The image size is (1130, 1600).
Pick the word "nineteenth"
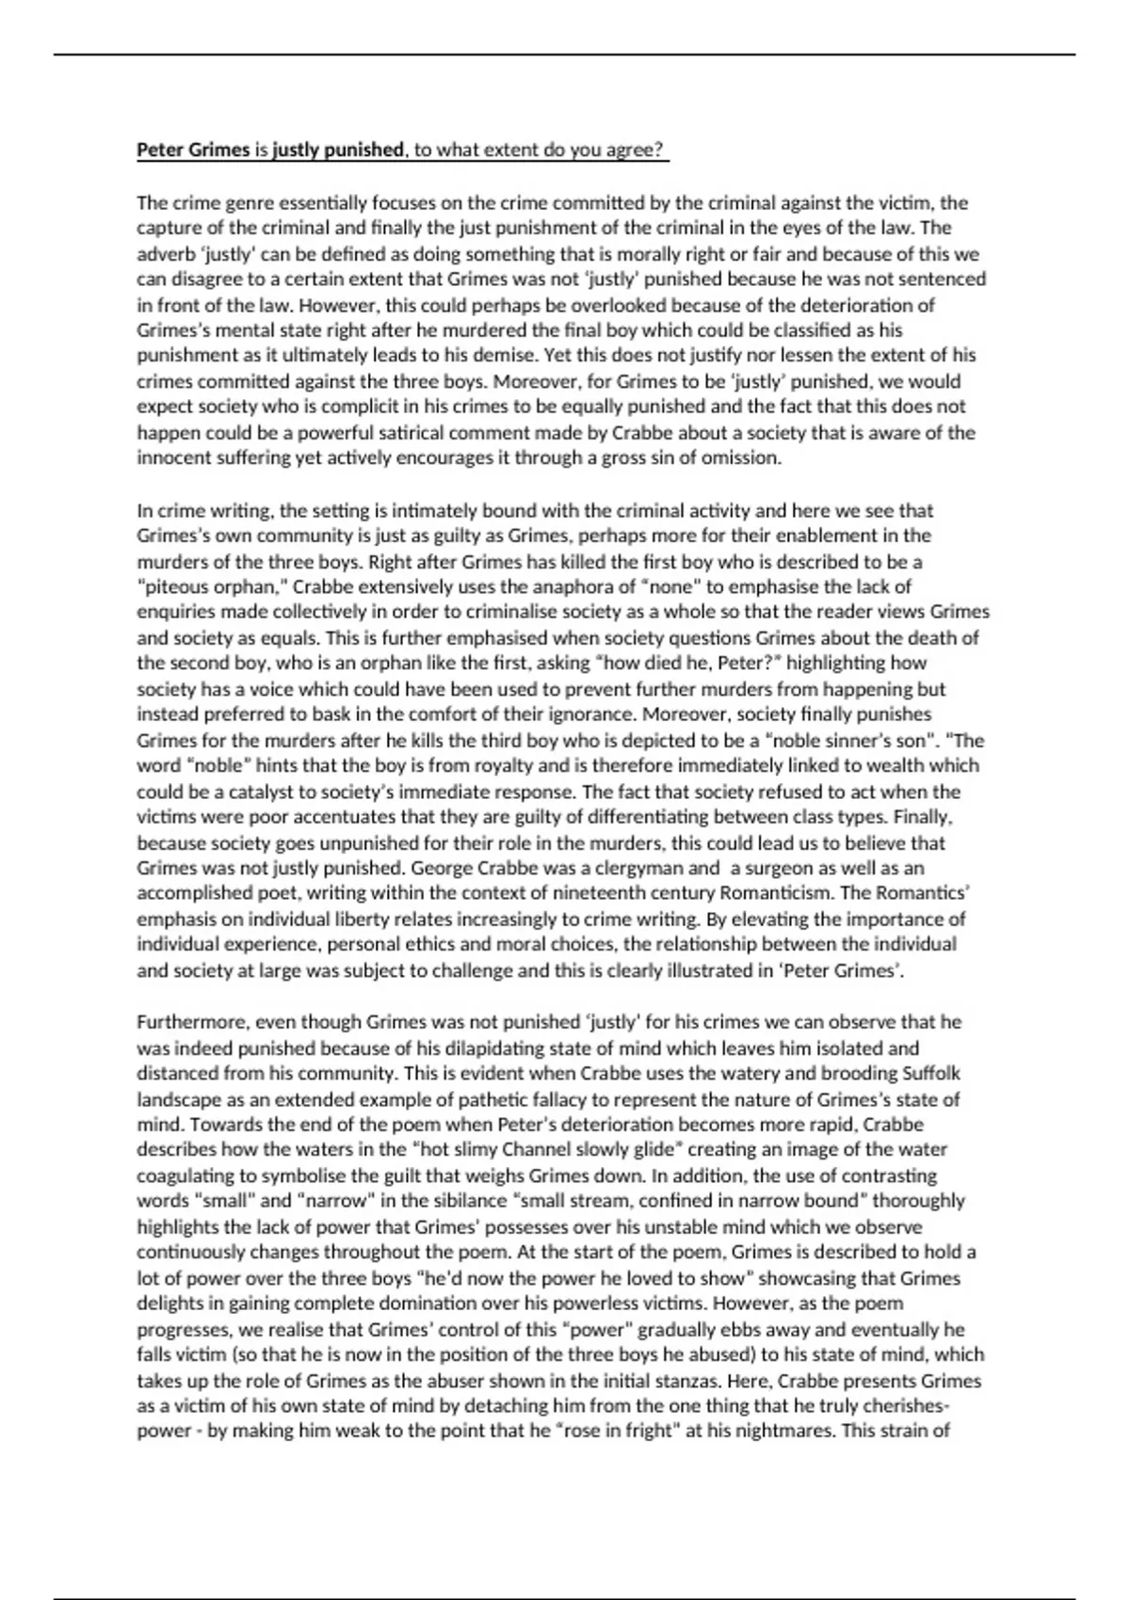[580, 893]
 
